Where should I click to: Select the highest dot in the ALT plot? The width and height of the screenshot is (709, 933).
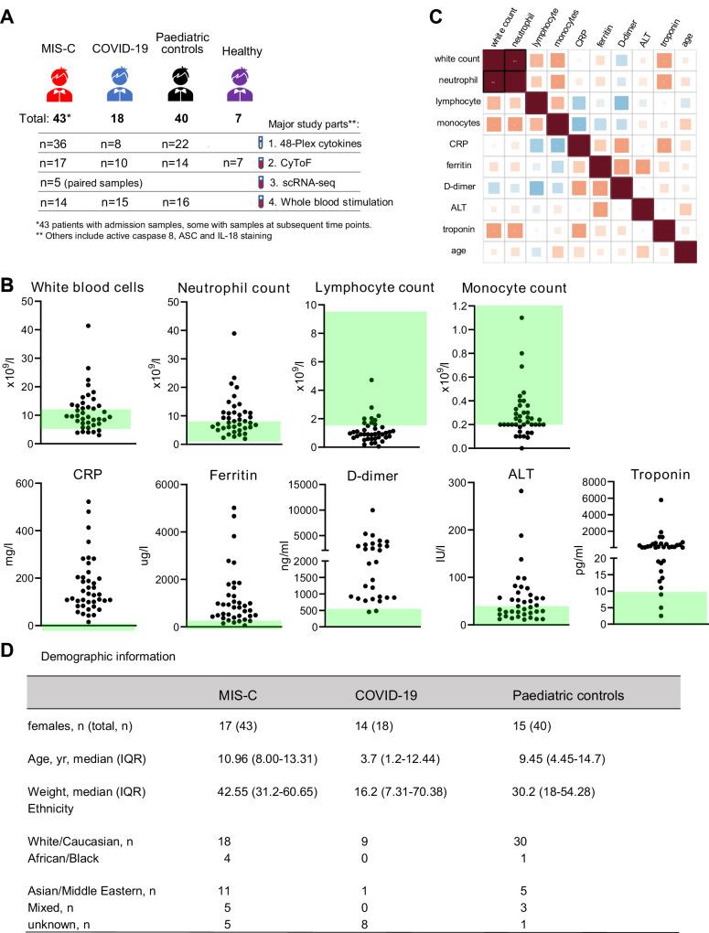click(521, 491)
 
